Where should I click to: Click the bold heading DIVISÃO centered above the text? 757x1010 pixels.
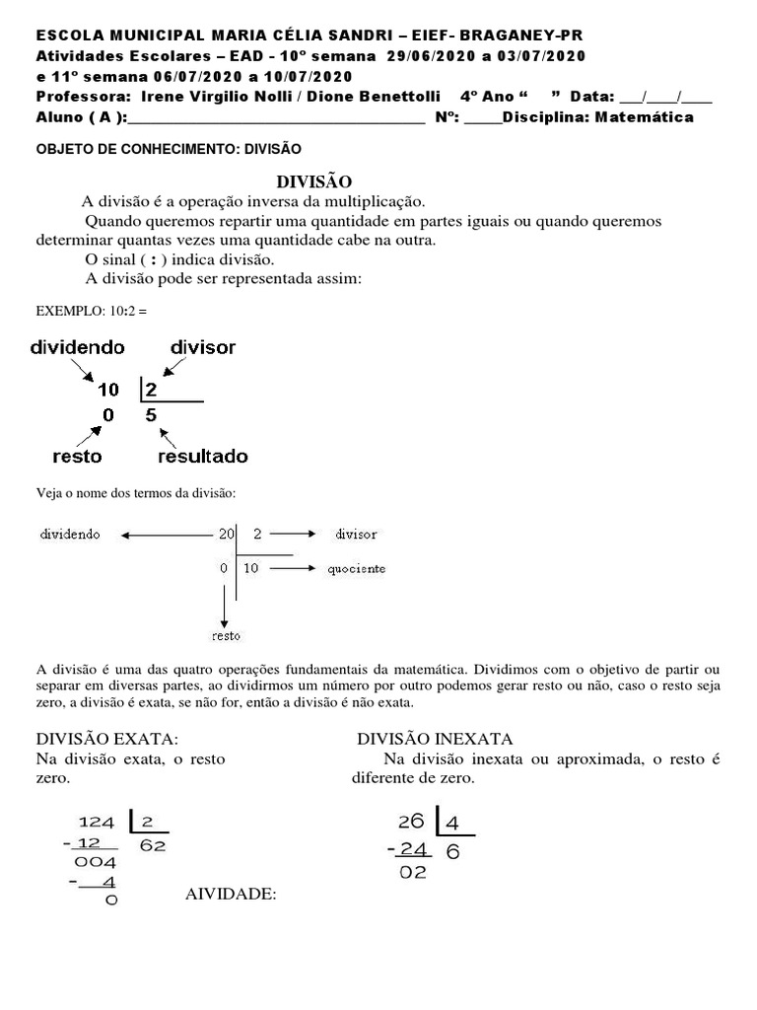(x=312, y=181)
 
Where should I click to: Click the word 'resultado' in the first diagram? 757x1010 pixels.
(x=203, y=457)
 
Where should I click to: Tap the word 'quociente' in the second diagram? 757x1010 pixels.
(x=360, y=568)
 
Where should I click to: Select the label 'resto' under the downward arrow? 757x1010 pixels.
(x=227, y=635)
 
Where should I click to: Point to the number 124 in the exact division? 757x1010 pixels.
(x=97, y=822)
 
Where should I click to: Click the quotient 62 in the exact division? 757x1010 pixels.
(x=153, y=845)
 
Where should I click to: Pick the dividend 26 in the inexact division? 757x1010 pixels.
(x=411, y=822)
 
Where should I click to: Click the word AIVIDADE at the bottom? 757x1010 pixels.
(x=231, y=895)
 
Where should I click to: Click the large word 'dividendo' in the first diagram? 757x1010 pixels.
(x=77, y=347)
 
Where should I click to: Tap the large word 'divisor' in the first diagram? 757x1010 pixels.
(x=203, y=347)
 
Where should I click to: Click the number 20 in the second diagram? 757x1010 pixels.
(x=227, y=534)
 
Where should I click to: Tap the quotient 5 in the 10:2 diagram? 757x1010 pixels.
(x=151, y=415)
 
